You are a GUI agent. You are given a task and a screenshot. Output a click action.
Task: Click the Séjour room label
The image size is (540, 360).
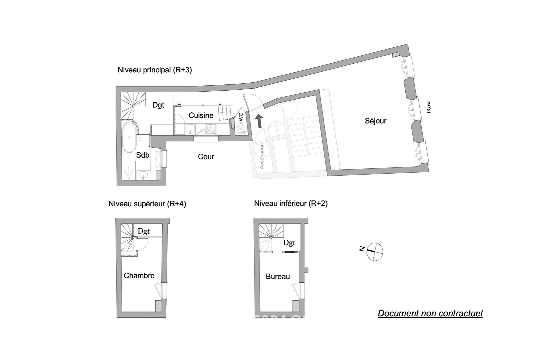pos(375,121)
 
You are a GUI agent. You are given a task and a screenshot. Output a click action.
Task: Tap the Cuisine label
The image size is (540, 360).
pos(201,115)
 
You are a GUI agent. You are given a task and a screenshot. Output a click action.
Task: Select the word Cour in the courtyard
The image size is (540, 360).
pos(206,157)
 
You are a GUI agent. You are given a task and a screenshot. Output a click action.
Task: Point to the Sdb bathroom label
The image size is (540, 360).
pos(143,155)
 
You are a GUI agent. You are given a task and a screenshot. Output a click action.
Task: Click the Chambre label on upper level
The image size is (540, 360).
pos(139,276)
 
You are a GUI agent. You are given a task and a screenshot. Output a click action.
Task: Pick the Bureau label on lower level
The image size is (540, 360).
pos(278,277)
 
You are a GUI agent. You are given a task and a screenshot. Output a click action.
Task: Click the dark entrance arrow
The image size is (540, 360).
pos(259,121)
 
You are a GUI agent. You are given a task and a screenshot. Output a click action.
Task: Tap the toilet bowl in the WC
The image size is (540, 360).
pos(241,127)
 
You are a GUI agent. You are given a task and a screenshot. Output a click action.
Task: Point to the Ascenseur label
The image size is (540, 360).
pos(262,157)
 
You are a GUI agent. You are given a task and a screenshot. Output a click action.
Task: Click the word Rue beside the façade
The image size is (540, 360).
pos(428,107)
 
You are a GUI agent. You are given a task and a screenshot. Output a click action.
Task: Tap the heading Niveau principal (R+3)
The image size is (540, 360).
pos(155,70)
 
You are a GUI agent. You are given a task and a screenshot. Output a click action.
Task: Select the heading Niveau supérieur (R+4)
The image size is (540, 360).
pos(147,204)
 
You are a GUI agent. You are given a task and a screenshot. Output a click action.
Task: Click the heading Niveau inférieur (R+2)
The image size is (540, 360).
pos(291,203)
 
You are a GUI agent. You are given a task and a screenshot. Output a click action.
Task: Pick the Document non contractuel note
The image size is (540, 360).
pos(430,313)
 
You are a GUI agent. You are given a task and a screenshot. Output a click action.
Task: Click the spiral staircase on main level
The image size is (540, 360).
pos(133,106)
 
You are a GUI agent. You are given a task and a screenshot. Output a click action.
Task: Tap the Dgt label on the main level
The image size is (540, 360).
pos(158,105)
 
